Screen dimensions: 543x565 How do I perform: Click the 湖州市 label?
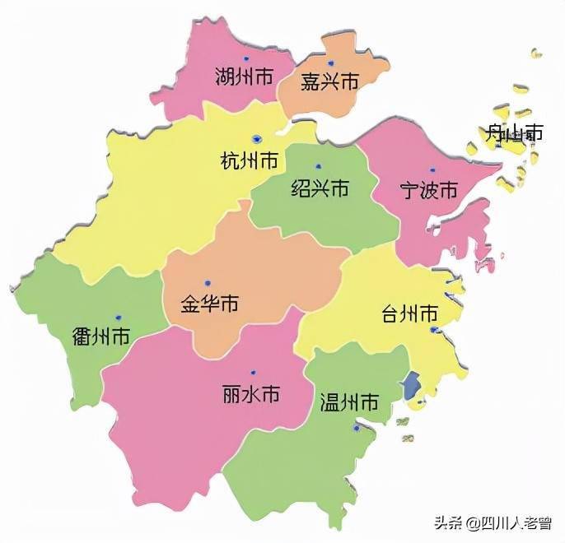pyautogui.click(x=244, y=78)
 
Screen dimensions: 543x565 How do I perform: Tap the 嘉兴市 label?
pyautogui.click(x=329, y=81)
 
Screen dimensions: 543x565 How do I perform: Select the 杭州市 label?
pyautogui.click(x=250, y=160)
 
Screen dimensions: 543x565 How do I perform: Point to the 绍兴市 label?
pyautogui.click(x=320, y=188)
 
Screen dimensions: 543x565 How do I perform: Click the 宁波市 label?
pyautogui.click(x=428, y=190)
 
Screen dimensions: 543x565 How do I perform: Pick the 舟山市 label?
pyautogui.click(x=514, y=132)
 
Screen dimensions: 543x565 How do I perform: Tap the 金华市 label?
pyautogui.click(x=209, y=304)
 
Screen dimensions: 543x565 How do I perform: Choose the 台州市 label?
pyautogui.click(x=409, y=313)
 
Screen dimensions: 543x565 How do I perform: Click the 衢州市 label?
pyautogui.click(x=100, y=336)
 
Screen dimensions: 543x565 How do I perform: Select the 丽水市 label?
pyautogui.click(x=251, y=394)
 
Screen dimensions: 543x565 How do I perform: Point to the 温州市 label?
pyautogui.click(x=349, y=402)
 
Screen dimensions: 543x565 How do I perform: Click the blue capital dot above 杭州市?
pyautogui.click(x=258, y=139)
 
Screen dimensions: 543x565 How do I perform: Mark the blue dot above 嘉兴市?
pyautogui.click(x=330, y=63)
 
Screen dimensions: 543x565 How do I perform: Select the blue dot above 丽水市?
pyautogui.click(x=253, y=373)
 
